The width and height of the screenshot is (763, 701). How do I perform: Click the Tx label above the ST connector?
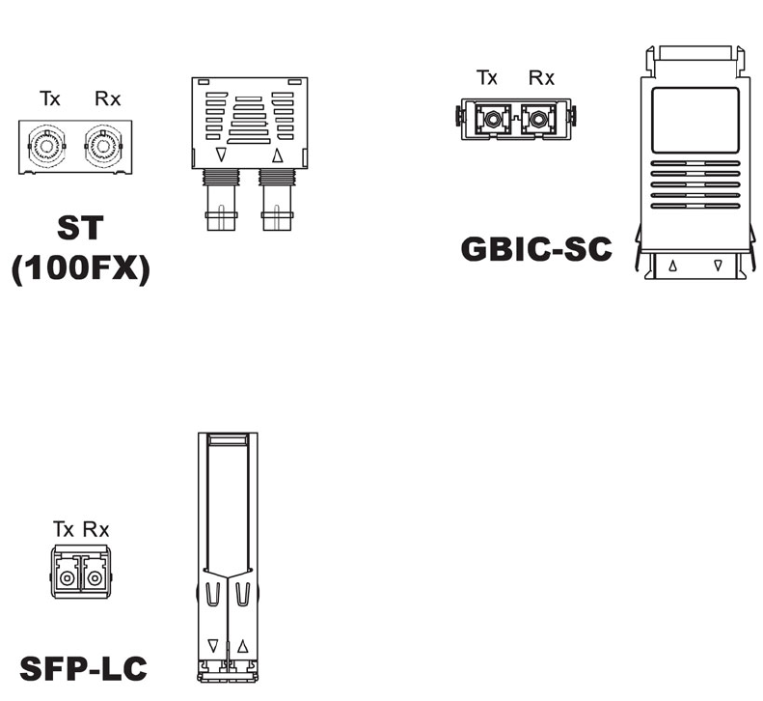coord(49,98)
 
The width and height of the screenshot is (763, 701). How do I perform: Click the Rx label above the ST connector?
coord(107,98)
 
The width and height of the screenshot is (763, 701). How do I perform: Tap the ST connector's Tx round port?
coord(44,148)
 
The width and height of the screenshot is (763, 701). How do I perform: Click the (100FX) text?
coord(80,268)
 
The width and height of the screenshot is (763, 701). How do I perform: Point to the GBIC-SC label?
coord(535,248)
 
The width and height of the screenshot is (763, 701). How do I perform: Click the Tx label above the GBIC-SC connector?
coord(487,77)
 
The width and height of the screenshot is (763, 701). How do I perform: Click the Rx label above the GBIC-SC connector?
coord(541,77)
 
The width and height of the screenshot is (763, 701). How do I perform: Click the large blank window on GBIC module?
coord(695,119)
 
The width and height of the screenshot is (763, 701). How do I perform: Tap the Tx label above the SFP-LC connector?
coord(64,528)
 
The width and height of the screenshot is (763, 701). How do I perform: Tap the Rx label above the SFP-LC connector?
coord(95,528)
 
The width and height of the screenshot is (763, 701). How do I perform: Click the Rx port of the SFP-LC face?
coord(94,577)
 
